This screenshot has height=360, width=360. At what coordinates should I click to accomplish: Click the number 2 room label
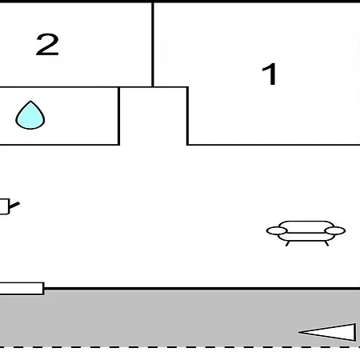pos(47,45)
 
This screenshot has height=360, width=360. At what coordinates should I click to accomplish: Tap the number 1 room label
pos(270,74)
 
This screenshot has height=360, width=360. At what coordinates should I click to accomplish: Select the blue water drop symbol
pos(30,115)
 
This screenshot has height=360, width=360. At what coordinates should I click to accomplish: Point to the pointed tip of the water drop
pos(30,101)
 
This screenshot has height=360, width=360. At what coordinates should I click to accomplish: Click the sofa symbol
pos(306,234)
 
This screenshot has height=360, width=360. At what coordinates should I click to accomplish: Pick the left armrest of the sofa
pos(277,231)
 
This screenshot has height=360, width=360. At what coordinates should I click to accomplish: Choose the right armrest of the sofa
pos(335,231)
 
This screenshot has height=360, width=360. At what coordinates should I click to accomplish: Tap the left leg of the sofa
pos(287,243)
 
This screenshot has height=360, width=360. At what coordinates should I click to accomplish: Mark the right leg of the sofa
pos(326,243)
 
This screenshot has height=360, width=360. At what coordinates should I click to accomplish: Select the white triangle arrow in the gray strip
pos(327,332)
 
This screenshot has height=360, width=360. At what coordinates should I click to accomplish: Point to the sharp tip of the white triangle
pos(299,332)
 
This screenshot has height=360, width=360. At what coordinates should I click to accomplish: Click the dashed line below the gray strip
pos(180,347)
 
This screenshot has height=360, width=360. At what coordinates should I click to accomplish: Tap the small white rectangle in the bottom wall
pos(22,288)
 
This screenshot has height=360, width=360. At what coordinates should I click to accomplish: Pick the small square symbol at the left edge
pos(4,206)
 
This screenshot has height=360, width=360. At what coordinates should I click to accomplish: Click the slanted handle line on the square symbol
pos(14,206)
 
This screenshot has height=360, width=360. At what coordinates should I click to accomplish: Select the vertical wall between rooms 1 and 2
pos(153,44)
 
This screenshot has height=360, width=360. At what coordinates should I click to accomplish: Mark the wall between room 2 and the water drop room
pos(59,87)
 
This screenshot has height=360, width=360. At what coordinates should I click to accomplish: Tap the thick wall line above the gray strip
pos(202,289)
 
